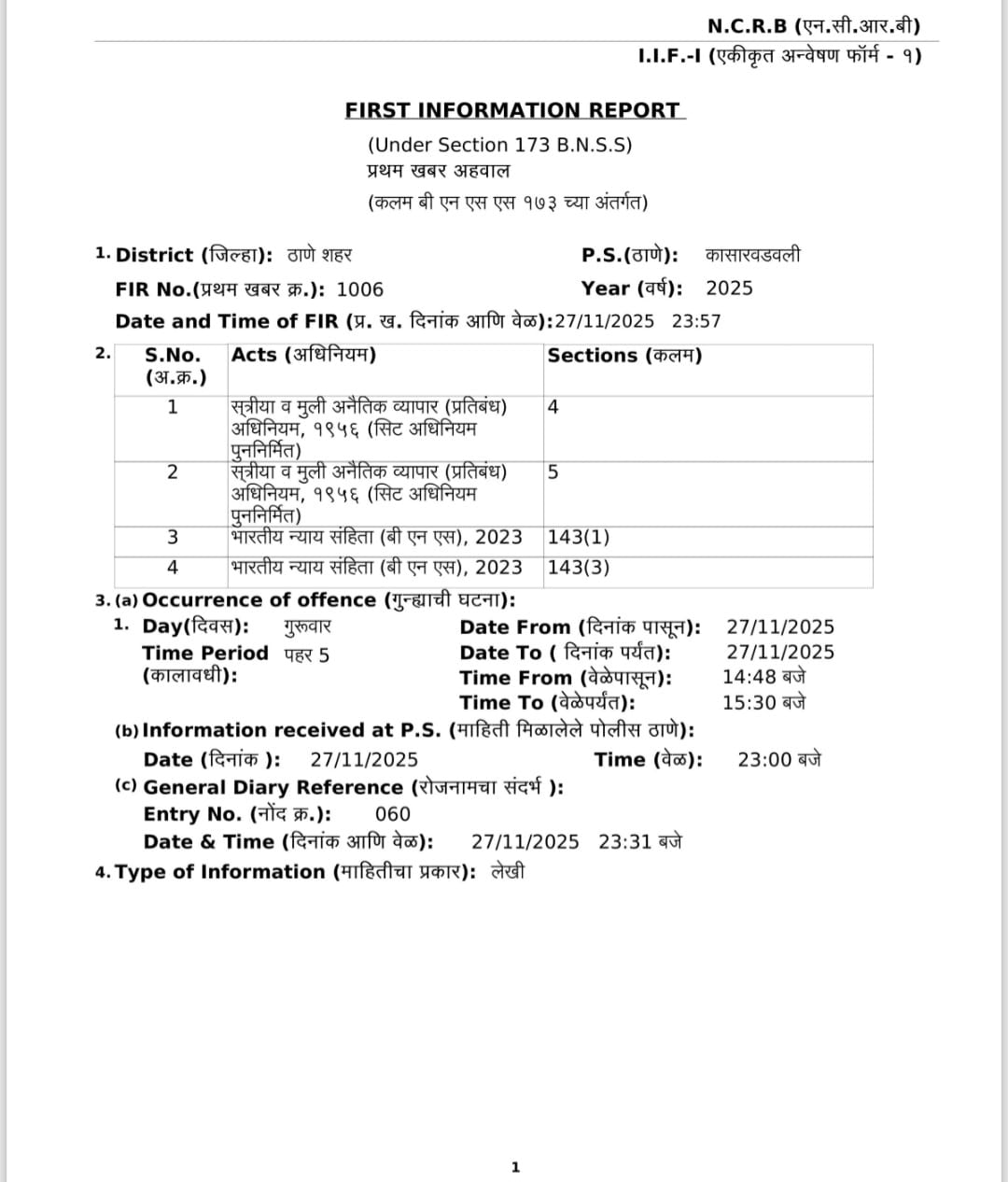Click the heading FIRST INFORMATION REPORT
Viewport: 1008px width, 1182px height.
[x=513, y=110]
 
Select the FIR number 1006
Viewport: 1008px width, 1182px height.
[x=359, y=289]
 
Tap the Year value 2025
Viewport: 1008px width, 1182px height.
[x=729, y=288]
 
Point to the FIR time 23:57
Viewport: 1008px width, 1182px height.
[x=696, y=321]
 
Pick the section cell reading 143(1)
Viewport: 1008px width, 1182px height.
[x=579, y=538]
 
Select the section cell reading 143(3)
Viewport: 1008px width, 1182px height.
[x=579, y=568]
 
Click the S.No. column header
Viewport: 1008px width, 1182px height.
[x=174, y=356]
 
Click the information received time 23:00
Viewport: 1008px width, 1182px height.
[x=764, y=760]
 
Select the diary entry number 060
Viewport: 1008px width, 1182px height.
[x=392, y=814]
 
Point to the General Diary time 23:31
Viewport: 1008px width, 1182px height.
[x=624, y=841]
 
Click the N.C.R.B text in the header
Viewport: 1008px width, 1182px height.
[x=748, y=26]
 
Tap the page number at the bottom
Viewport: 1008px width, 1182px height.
[x=515, y=1167]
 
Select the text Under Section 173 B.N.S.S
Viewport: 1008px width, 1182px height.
[x=500, y=145]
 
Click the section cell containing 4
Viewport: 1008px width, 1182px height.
[x=553, y=407]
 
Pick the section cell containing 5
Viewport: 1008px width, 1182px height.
[x=553, y=472]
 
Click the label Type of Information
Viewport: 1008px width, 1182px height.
[x=219, y=872]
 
